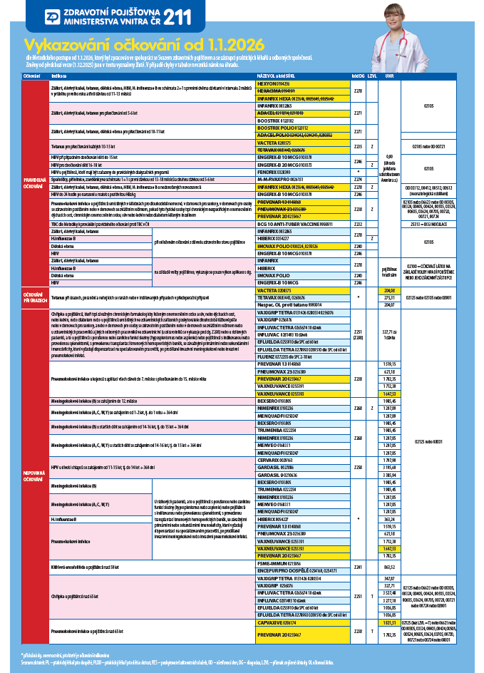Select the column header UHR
[x=389, y=76]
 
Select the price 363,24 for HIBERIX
[x=389, y=520]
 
